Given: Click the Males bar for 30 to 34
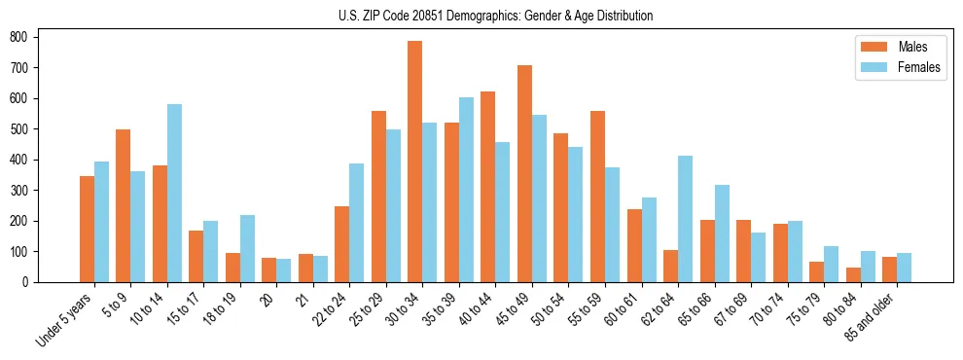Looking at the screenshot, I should (x=415, y=162).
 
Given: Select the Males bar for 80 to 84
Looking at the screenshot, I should (x=853, y=274).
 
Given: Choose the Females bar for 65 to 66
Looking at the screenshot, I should (x=722, y=234).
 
